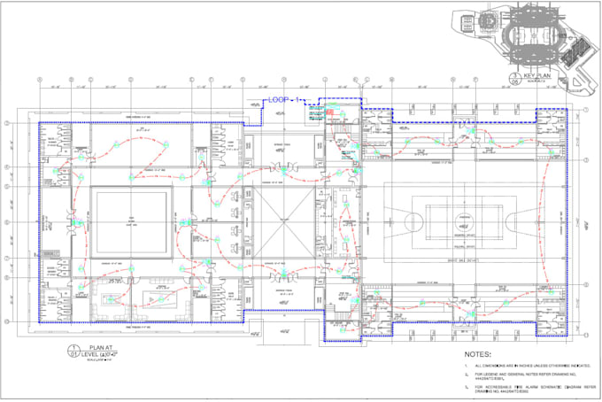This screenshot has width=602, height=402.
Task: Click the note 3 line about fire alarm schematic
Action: (522, 389)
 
